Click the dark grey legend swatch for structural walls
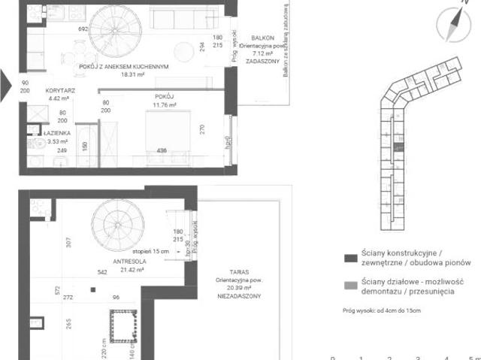click(x=349, y=258)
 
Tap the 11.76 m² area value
click(x=163, y=105)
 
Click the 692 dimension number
click(x=83, y=29)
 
